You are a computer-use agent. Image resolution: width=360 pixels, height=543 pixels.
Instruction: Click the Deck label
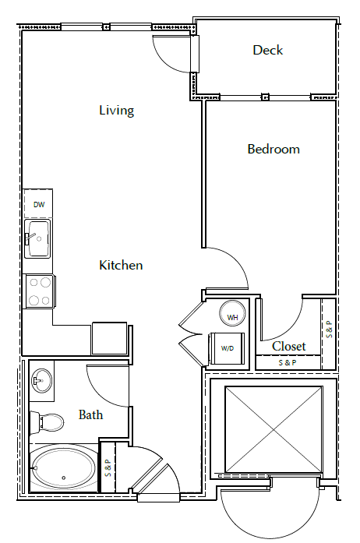point(267,51)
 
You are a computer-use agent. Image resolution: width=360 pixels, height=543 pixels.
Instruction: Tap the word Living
point(116,111)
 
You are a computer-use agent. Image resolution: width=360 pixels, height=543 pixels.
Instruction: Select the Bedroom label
point(274,149)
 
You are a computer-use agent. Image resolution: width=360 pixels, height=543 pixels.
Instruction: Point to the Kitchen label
point(121,266)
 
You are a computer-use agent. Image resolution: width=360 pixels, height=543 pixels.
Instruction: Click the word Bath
point(91,414)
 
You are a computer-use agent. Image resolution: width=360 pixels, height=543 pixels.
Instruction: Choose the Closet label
point(288,346)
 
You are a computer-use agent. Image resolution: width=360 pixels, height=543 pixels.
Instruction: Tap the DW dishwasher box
point(38,206)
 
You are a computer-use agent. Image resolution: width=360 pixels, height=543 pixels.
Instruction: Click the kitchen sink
point(37,238)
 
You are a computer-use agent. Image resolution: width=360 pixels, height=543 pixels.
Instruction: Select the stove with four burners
point(38,292)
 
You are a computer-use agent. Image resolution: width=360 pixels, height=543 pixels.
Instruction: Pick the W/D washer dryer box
point(228,347)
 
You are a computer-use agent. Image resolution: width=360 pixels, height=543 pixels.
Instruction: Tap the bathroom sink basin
point(42,382)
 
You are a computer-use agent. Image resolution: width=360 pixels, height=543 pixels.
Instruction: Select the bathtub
point(64,467)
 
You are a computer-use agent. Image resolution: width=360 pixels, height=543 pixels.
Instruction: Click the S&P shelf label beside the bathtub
point(108,467)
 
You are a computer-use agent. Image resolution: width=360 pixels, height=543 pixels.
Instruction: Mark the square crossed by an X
point(273,428)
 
